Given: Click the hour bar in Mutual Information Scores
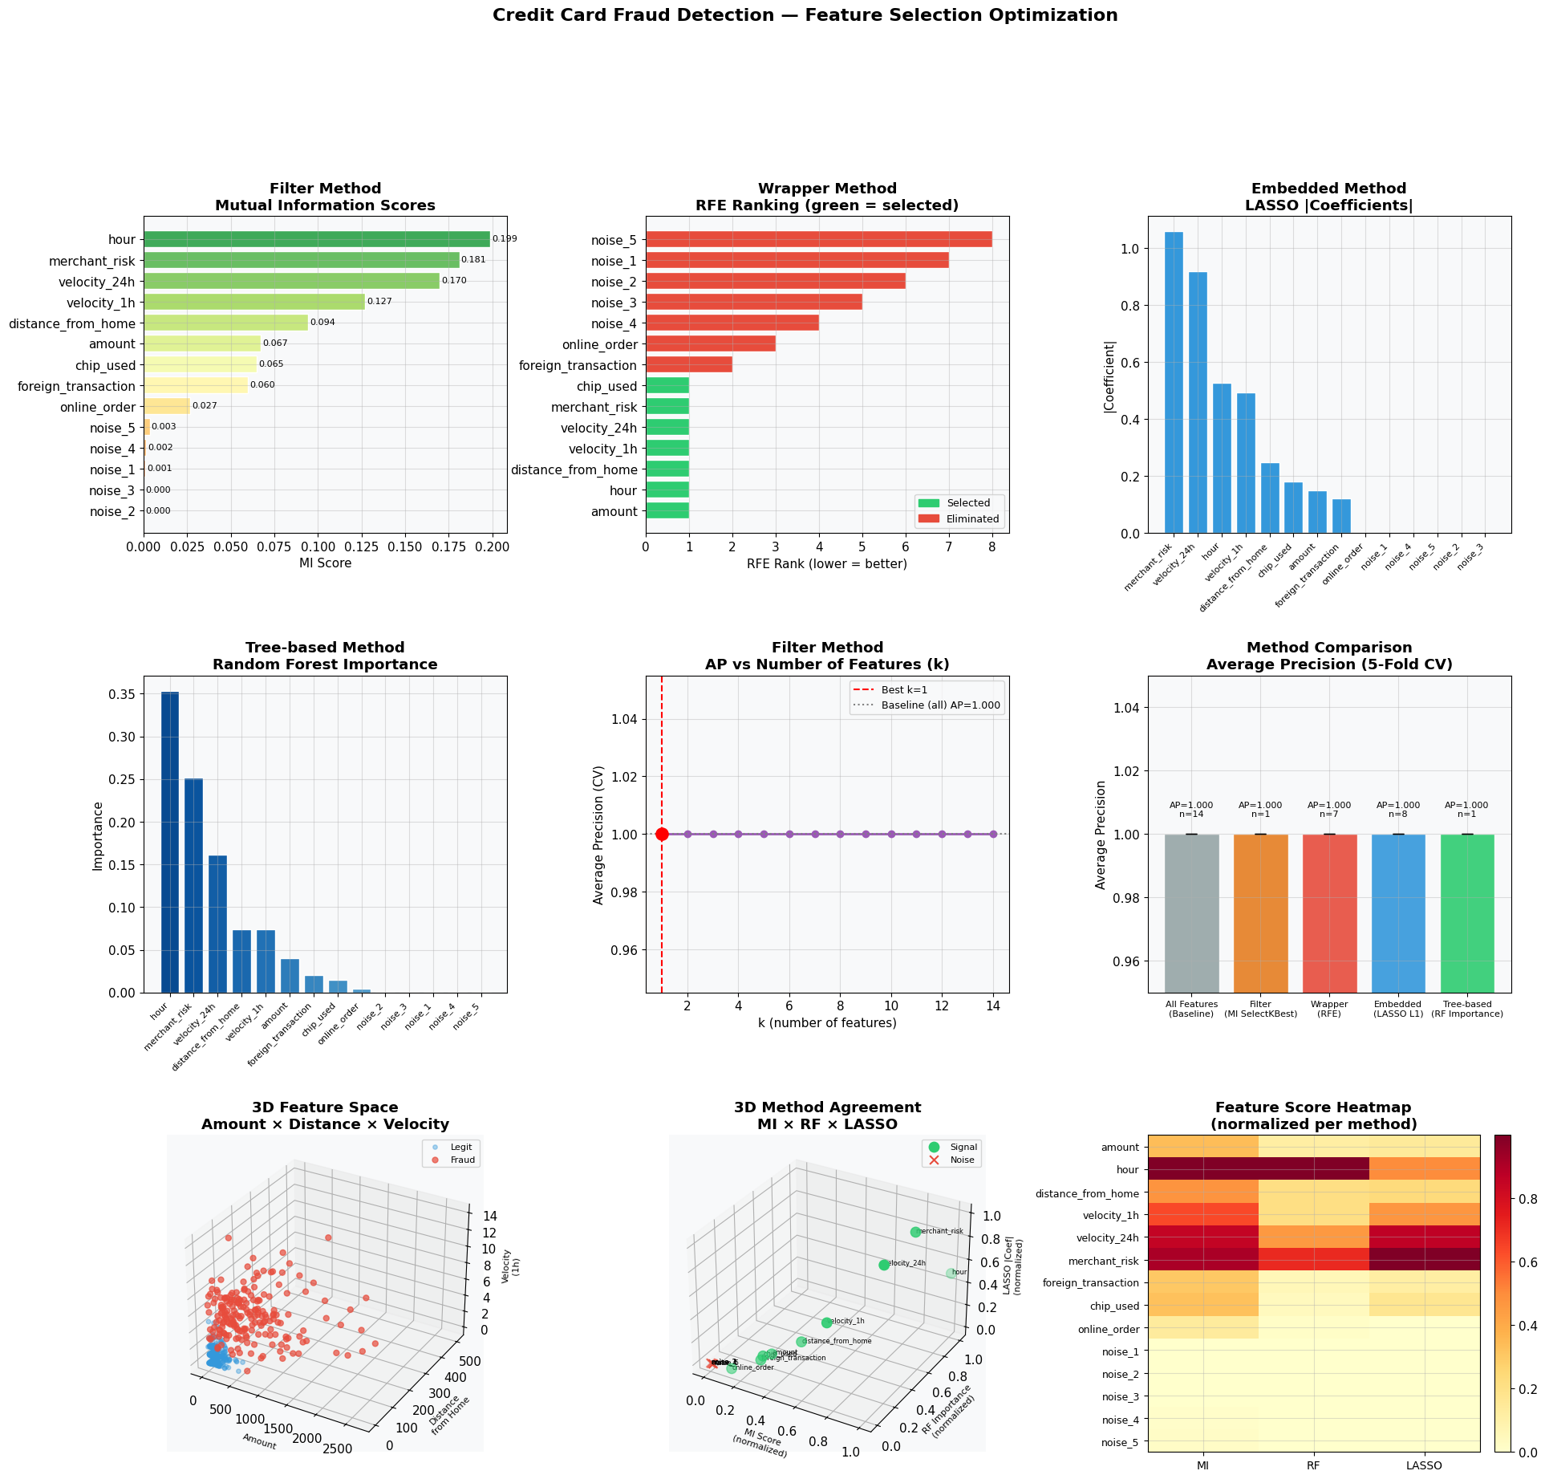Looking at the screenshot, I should pos(317,239).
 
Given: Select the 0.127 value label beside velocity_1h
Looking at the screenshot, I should pos(379,302).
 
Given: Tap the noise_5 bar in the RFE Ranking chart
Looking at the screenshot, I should pos(818,239).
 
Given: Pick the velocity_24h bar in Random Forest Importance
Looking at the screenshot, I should pos(217,924).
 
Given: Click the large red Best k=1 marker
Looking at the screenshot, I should pos(662,835).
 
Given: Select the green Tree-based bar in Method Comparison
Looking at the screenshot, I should pos(1467,913).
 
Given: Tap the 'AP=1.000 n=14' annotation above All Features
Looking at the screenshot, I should pos(1191,810).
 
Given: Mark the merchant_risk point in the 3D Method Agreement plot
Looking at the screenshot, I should pos(915,1232).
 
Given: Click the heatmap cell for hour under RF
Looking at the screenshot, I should pos(1313,1169).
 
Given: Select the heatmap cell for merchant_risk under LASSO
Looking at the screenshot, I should pos(1425,1260).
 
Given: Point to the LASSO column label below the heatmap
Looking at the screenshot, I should pos(1425,1465).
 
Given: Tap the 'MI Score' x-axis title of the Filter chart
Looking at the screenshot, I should pos(325,563).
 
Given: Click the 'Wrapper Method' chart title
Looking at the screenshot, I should pos(827,189).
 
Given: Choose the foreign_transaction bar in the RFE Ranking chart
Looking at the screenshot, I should pos(689,365).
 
